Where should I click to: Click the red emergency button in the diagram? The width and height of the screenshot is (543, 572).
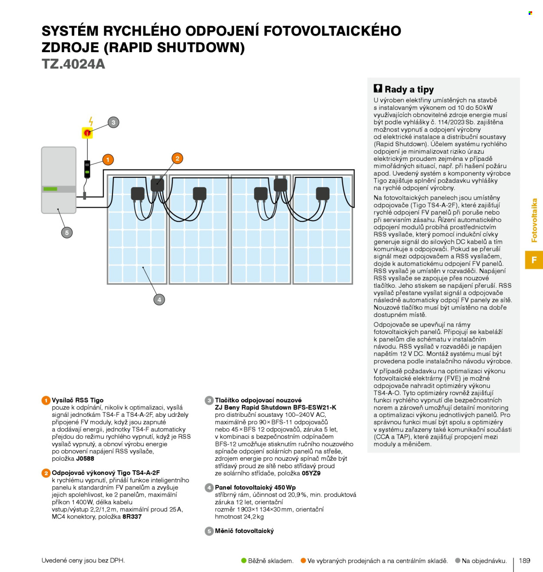pyautogui.click(x=87, y=133)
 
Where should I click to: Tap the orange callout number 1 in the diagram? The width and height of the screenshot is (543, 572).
pyautogui.click(x=108, y=160)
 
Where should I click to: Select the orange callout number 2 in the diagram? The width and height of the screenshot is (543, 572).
pyautogui.click(x=177, y=158)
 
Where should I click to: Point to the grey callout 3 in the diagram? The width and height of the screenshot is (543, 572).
pyautogui.click(x=113, y=123)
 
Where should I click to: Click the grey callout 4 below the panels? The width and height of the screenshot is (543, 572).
pyautogui.click(x=159, y=299)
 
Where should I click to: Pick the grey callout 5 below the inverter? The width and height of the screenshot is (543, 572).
pyautogui.click(x=67, y=233)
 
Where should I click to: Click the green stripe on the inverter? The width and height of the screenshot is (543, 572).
pyautogui.click(x=50, y=189)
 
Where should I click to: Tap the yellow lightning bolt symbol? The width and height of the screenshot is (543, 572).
pyautogui.click(x=91, y=121)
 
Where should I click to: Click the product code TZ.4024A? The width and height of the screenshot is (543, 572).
pyautogui.click(x=73, y=64)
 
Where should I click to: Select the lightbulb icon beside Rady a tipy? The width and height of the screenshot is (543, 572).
pyautogui.click(x=378, y=88)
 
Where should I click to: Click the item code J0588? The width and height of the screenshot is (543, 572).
pyautogui.click(x=85, y=459)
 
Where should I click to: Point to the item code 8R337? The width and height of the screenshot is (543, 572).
pyautogui.click(x=132, y=516)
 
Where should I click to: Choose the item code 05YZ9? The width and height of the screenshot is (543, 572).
pyautogui.click(x=311, y=473)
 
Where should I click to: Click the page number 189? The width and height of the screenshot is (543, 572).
pyautogui.click(x=524, y=560)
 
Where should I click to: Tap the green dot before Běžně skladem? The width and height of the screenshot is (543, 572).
pyautogui.click(x=244, y=560)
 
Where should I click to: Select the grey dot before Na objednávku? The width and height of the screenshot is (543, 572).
pyautogui.click(x=457, y=560)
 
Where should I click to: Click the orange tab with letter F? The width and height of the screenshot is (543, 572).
pyautogui.click(x=534, y=260)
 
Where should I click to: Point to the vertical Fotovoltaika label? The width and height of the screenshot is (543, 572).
pyautogui.click(x=534, y=220)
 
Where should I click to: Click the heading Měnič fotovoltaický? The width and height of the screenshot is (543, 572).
pyautogui.click(x=244, y=531)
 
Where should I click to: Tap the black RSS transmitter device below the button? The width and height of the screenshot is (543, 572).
pyautogui.click(x=87, y=169)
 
